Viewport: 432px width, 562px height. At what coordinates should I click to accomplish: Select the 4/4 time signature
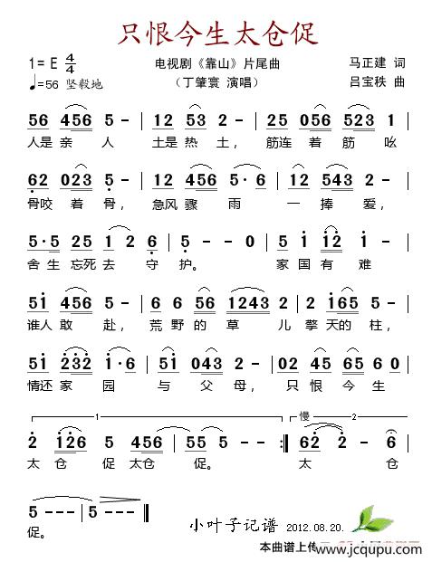pos(71,64)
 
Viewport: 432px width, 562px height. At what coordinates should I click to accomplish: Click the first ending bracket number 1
pos(97,417)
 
